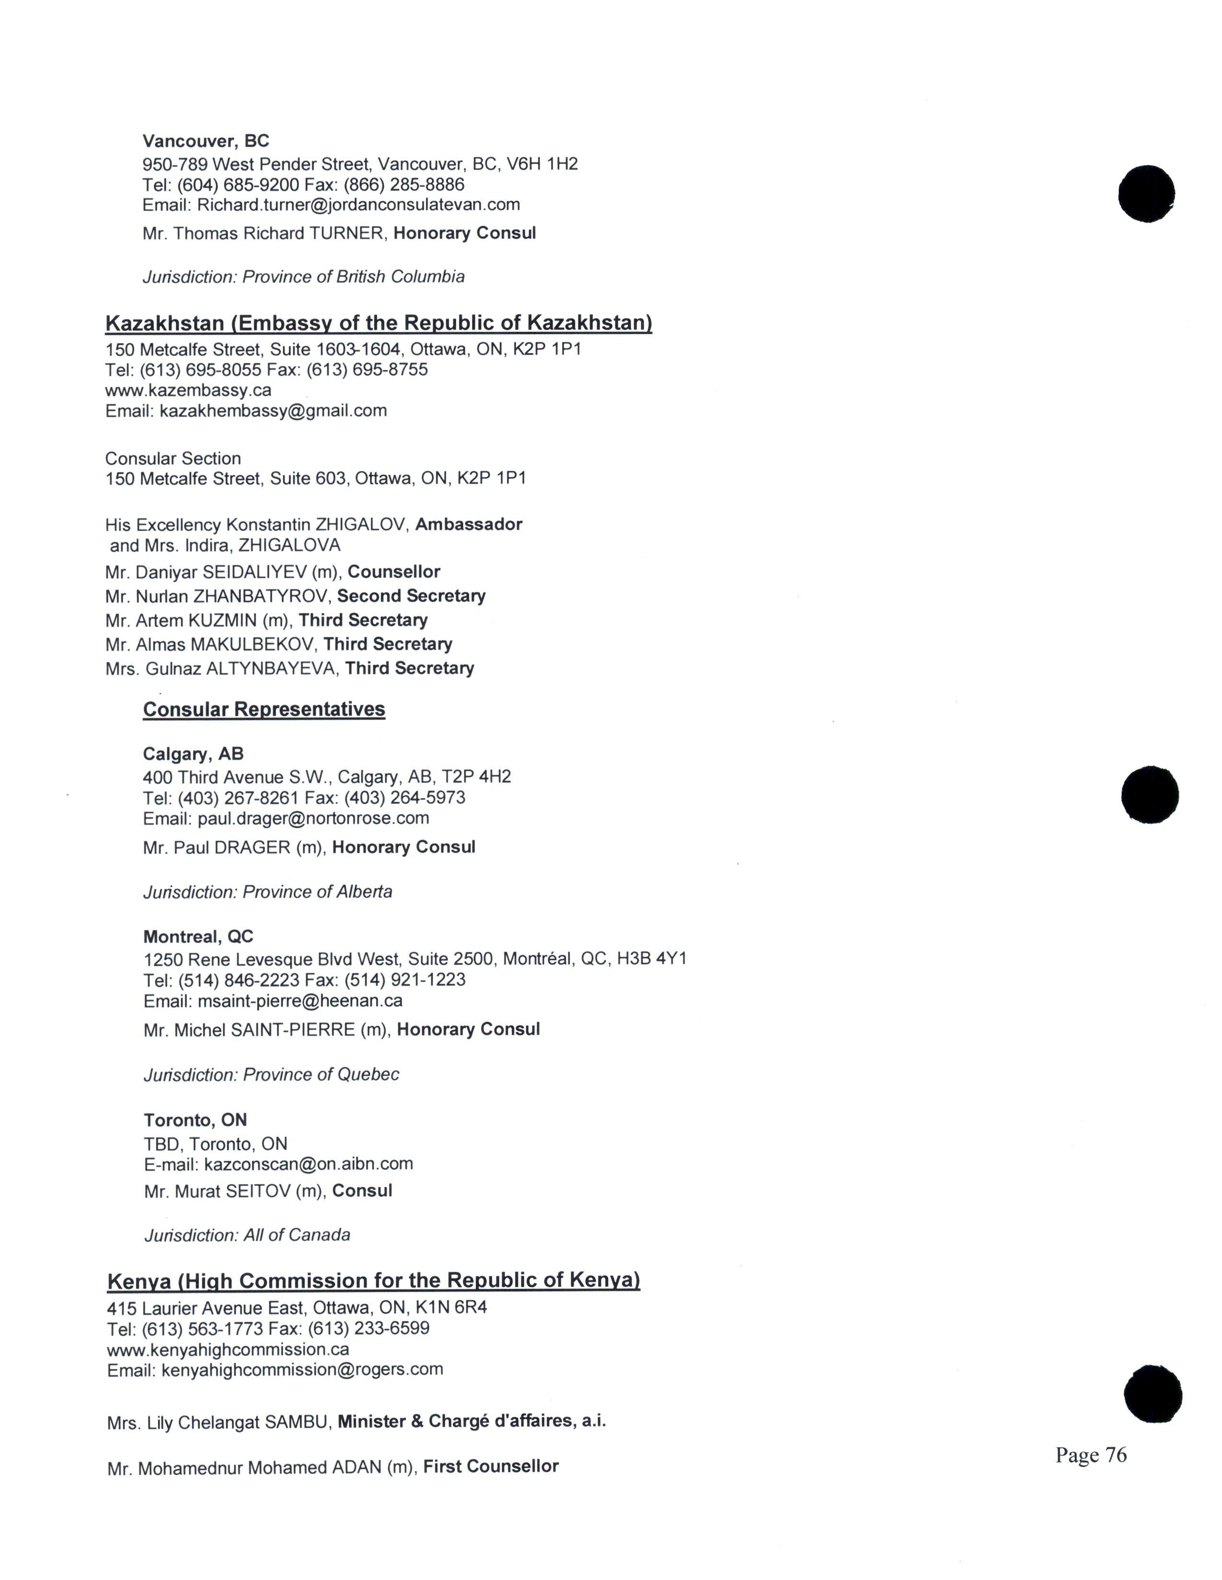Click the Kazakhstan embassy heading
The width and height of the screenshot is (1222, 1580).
378,323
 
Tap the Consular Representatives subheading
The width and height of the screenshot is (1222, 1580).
264,709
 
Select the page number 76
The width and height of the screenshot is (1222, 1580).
1090,1455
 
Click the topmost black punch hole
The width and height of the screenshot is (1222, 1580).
1146,194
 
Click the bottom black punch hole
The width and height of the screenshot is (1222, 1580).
1153,1394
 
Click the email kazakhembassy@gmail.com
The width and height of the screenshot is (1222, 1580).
273,411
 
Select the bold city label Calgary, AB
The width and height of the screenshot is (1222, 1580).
193,754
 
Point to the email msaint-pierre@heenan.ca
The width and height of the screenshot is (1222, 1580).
300,1001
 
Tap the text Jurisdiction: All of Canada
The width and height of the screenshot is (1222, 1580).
247,1235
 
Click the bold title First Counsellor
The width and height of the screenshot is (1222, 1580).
490,1467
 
